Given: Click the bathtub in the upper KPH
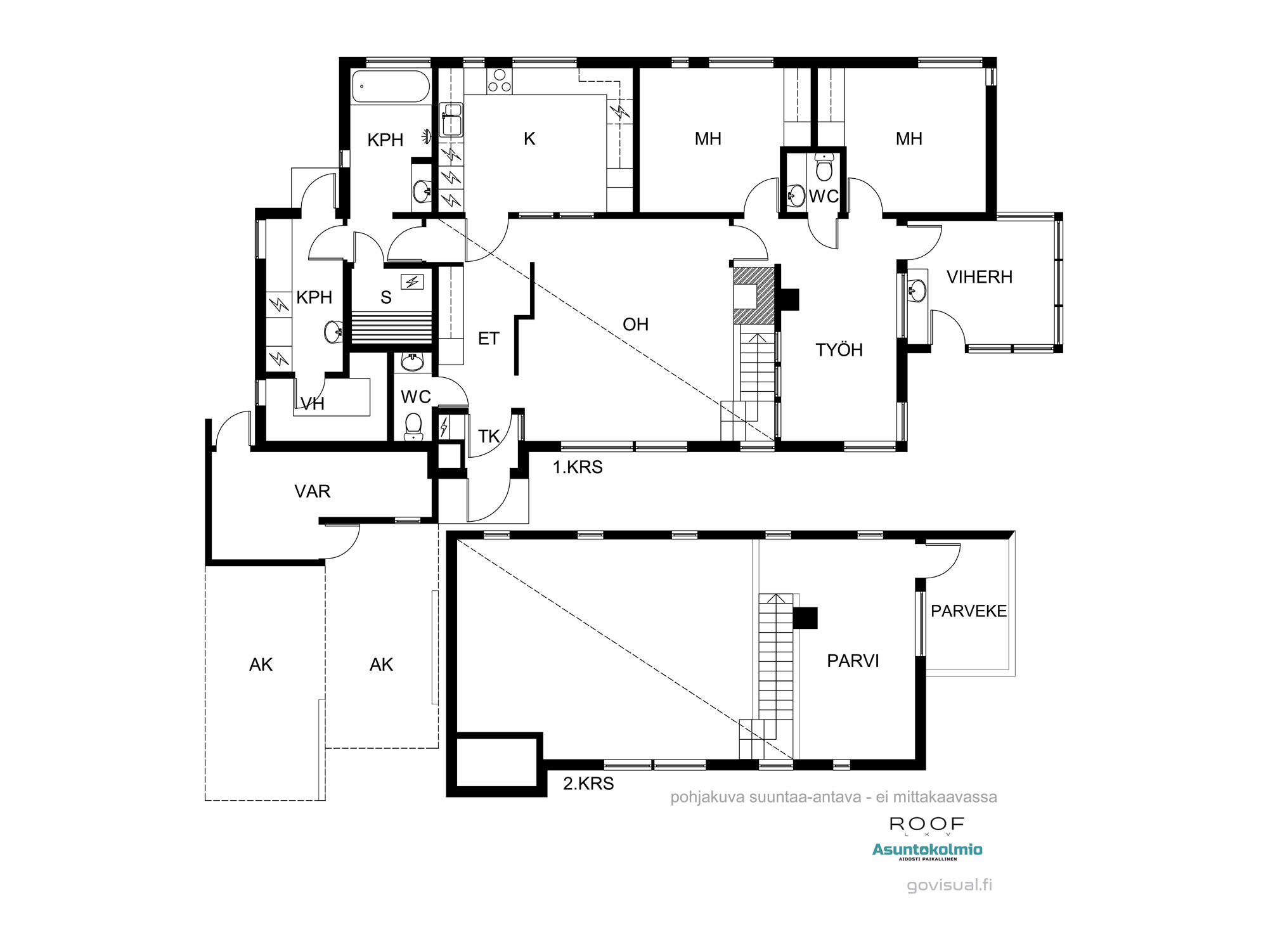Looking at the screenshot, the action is (391, 86).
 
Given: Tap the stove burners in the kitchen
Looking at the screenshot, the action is (499, 81).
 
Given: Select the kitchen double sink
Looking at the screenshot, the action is (452, 120).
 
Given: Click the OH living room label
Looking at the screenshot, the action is (635, 325).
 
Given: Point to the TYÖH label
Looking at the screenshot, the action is (839, 350).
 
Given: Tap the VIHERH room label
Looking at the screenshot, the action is (979, 277).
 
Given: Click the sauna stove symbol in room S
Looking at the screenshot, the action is (413, 281).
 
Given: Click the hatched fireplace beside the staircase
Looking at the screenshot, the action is (754, 295).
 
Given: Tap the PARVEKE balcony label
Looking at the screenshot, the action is (968, 611).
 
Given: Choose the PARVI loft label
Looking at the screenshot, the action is (853, 661).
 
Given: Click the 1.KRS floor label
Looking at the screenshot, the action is (578, 467).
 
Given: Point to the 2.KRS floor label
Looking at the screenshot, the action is (588, 784).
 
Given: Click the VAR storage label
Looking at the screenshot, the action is (312, 491).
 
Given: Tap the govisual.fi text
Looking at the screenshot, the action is (949, 885).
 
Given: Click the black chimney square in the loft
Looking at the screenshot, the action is (805, 618).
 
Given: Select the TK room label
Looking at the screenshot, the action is (489, 436).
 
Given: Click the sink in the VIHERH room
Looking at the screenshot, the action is (916, 290).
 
